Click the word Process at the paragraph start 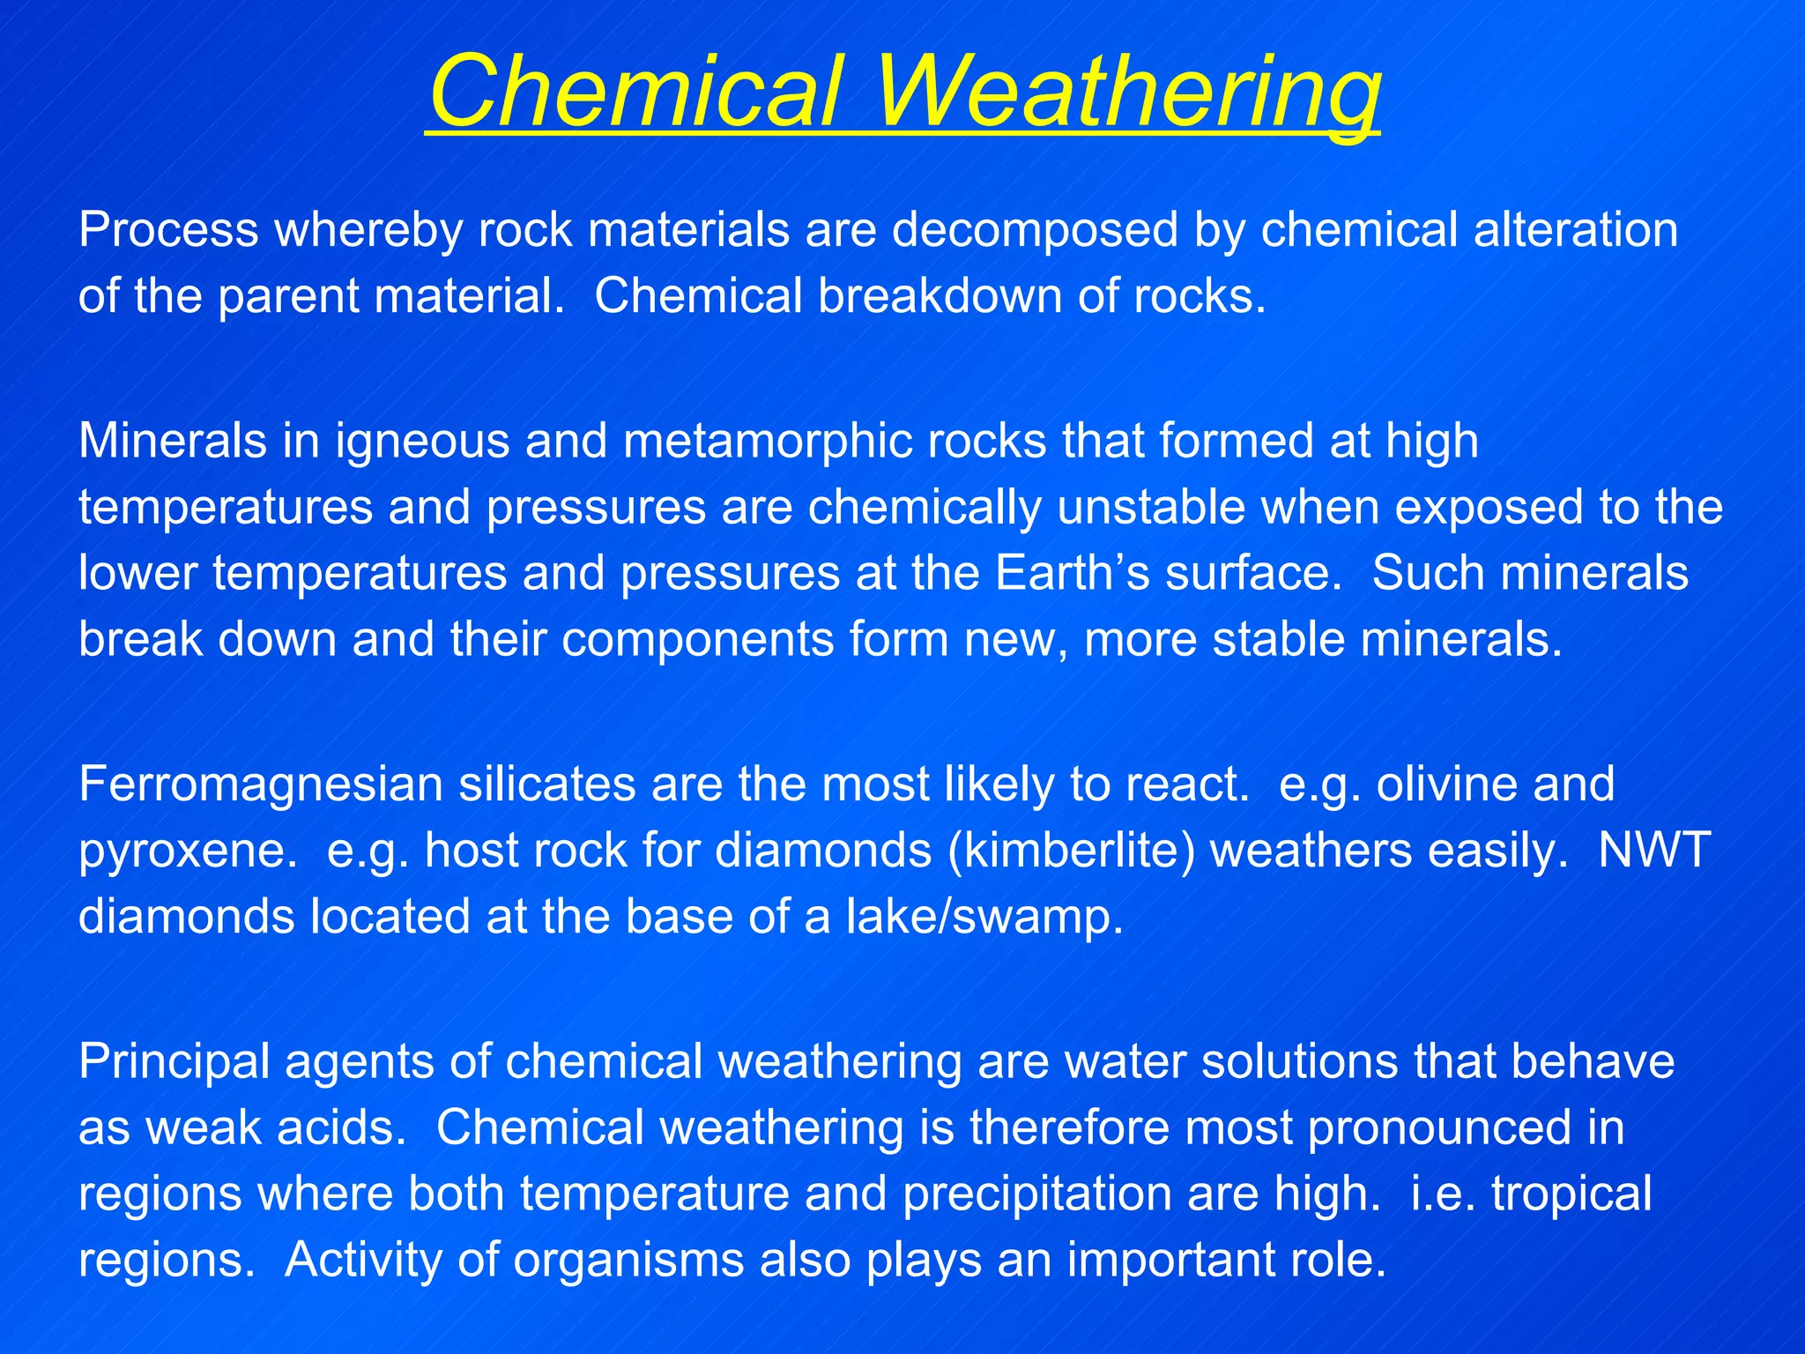(x=168, y=230)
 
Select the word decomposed (x=1035, y=230)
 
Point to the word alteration (x=1575, y=230)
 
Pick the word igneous (x=422, y=441)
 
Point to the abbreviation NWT (x=1653, y=852)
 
